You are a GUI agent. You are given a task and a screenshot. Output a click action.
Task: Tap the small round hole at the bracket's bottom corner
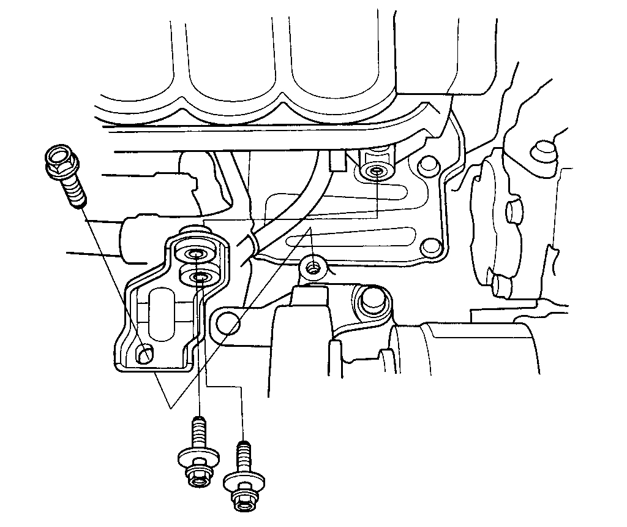click(145, 354)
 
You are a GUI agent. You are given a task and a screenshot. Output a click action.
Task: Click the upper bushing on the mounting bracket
click(195, 254)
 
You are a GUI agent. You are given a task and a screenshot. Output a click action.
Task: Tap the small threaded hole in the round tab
click(313, 268)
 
